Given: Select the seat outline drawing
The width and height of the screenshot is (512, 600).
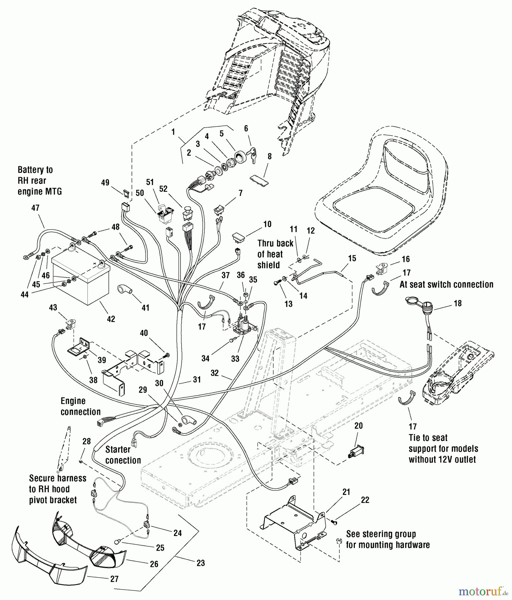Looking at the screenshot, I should click(380, 193).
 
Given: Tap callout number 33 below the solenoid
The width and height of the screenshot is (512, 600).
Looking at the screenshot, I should click(235, 358).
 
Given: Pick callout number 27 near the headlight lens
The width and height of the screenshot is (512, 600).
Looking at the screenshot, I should click(114, 579).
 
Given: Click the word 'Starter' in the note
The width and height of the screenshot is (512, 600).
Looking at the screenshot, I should click(118, 450).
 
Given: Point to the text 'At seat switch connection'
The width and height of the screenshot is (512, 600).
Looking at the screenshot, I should click(446, 284).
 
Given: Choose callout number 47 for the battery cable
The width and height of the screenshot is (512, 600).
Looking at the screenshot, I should click(35, 208).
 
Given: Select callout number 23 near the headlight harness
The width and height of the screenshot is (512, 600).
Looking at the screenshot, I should click(200, 563).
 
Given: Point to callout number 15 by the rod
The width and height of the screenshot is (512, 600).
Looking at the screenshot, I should click(352, 258).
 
